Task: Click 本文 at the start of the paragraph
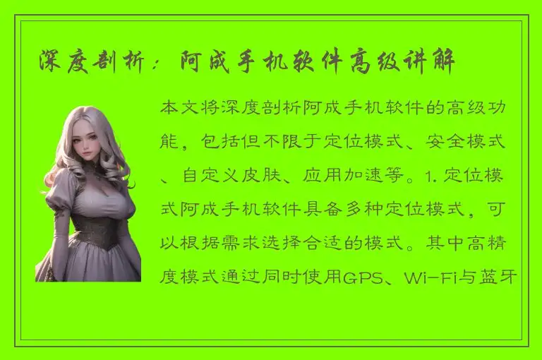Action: (x=177, y=109)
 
